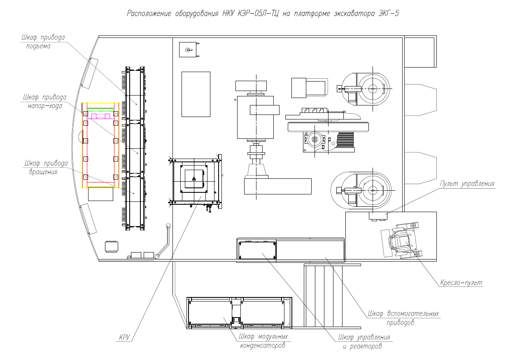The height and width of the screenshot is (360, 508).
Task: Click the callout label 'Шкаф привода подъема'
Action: (43, 42)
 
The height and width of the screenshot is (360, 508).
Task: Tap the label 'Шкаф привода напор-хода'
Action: (45, 101)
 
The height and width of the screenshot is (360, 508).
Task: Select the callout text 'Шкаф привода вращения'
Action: (46, 167)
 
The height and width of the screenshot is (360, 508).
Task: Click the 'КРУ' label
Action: (124, 337)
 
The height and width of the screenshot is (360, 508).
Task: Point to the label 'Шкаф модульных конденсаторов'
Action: (263, 341)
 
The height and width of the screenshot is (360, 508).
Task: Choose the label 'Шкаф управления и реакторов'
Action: (364, 341)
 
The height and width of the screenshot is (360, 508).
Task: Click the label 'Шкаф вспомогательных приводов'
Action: (403, 318)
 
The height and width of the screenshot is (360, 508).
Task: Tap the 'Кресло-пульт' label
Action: (461, 283)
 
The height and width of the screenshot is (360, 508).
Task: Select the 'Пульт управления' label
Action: (467, 184)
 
